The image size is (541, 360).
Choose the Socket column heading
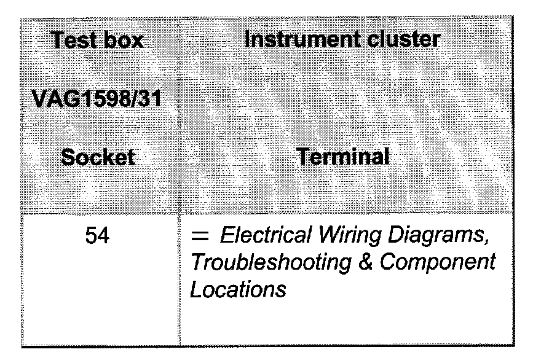point(98,157)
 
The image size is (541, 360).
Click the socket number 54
point(98,236)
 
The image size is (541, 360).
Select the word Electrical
point(259,236)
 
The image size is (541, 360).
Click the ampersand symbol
point(364,262)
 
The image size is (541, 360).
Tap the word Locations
point(239,289)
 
